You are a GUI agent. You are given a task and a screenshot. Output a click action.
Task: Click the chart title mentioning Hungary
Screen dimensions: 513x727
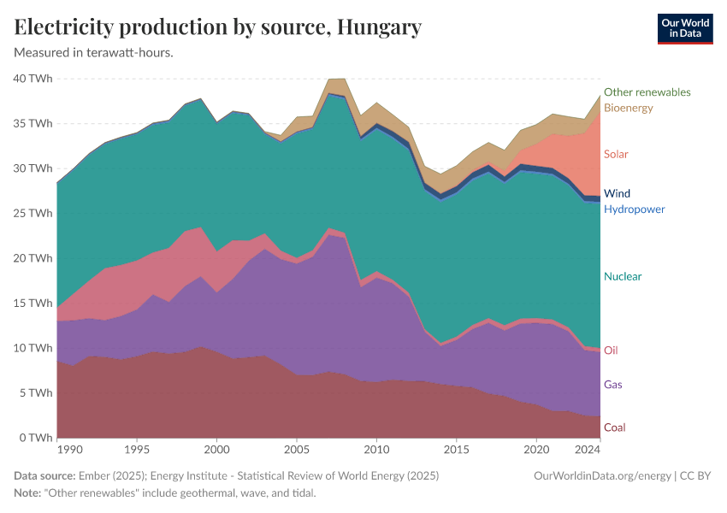pos(218,27)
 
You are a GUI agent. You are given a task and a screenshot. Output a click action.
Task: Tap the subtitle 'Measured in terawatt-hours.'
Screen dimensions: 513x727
pos(94,52)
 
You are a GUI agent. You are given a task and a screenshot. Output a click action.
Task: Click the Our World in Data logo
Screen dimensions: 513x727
pos(684,28)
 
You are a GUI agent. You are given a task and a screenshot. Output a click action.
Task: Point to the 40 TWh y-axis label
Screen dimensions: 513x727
pos(33,79)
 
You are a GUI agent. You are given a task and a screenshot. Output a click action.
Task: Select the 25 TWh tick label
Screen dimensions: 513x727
pos(33,213)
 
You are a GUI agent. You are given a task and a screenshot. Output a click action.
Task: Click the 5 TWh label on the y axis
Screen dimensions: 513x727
pos(36,392)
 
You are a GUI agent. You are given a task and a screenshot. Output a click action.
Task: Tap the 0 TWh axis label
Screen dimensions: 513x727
pos(36,438)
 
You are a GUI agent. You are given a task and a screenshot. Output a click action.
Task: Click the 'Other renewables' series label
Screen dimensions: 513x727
pos(647,92)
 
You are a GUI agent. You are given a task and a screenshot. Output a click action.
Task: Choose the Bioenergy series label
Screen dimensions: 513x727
pos(628,108)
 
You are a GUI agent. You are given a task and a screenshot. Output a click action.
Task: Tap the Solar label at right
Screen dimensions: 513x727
pos(616,154)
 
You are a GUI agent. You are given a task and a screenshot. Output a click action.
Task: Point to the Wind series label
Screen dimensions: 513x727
pos(617,193)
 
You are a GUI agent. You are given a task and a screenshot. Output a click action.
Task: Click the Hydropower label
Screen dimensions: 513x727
pos(634,209)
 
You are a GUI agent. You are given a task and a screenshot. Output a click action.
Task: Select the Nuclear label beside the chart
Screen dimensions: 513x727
pos(622,276)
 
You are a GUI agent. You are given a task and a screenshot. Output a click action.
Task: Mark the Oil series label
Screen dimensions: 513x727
pos(610,350)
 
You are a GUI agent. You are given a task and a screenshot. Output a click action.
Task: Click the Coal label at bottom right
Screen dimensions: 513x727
pos(614,427)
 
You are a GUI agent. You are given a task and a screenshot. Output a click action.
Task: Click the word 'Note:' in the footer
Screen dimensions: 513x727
pos(30,493)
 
